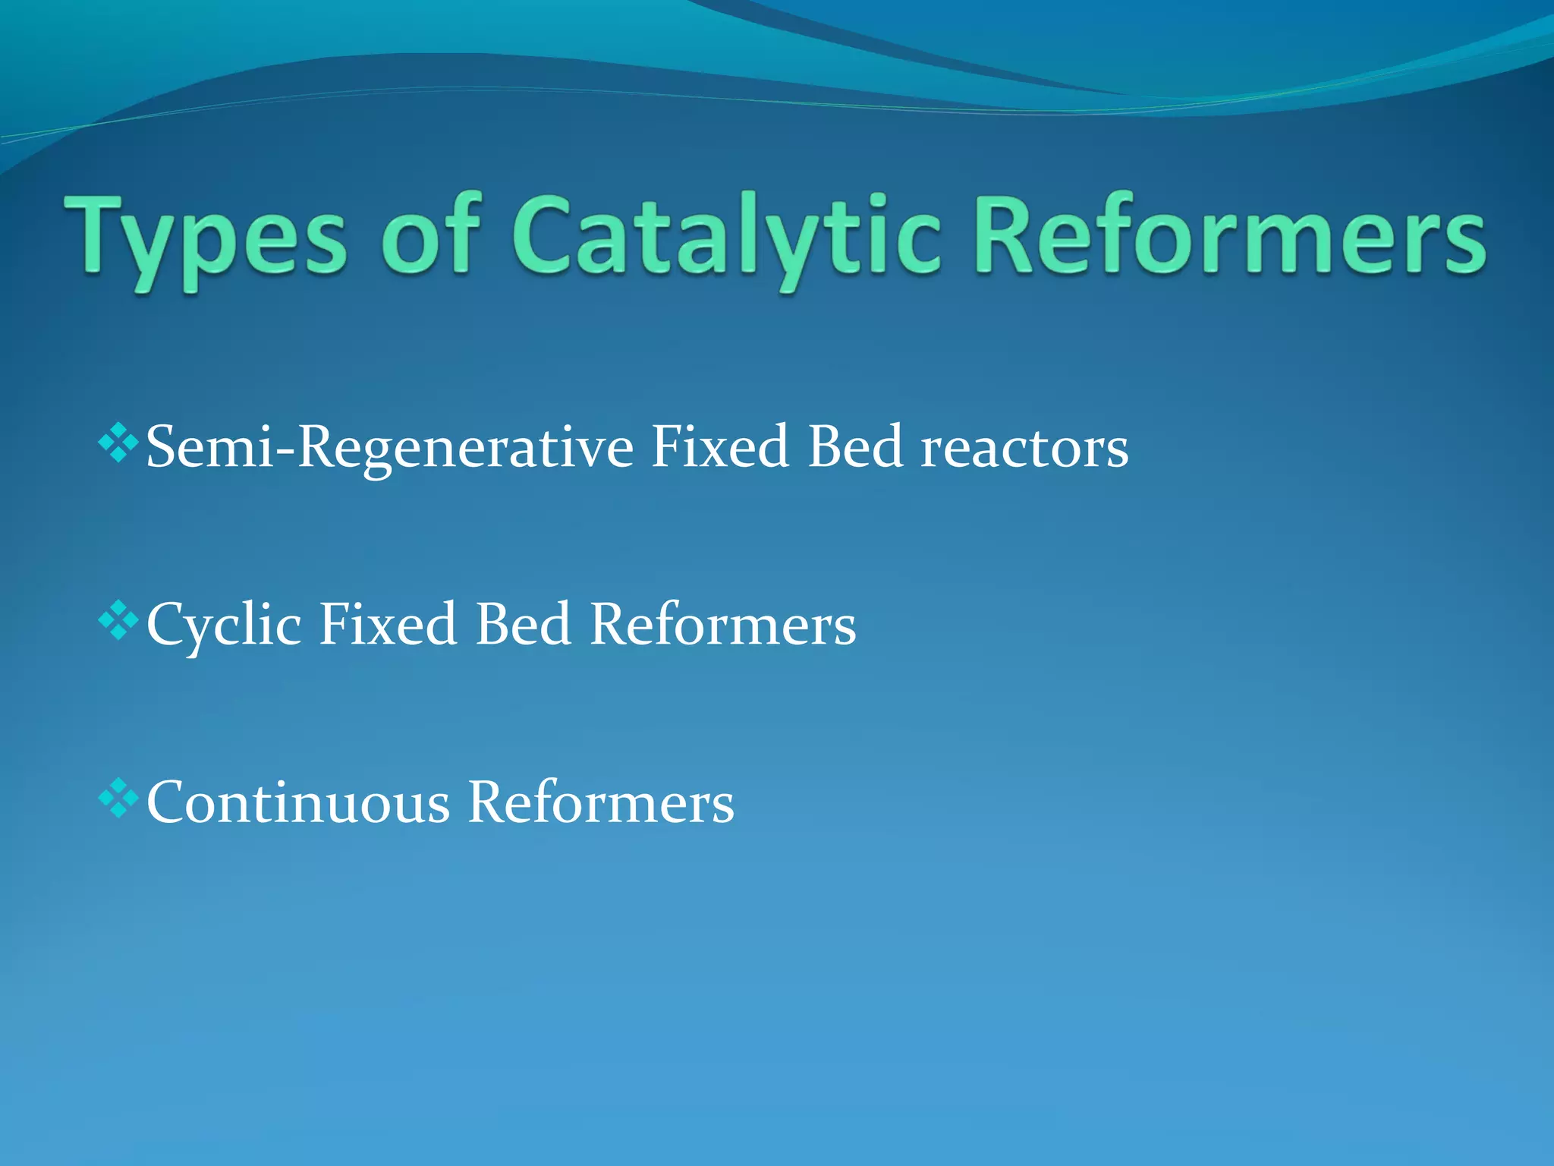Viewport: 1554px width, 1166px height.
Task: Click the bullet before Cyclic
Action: [x=119, y=620]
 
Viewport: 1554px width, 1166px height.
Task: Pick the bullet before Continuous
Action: [x=119, y=798]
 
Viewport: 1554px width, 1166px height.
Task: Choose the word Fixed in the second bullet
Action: [x=388, y=624]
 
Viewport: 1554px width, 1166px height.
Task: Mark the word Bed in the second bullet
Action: [x=523, y=624]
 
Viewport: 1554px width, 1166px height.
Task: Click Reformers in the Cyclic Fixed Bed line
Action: [x=722, y=624]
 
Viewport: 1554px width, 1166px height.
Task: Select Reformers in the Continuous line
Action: [x=601, y=802]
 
